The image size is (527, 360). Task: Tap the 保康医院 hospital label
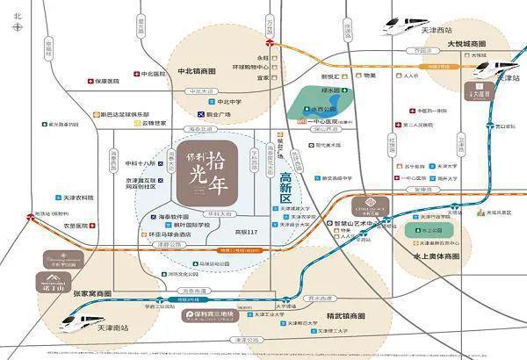pos(102,81)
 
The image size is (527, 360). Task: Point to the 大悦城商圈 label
pos(466,43)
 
